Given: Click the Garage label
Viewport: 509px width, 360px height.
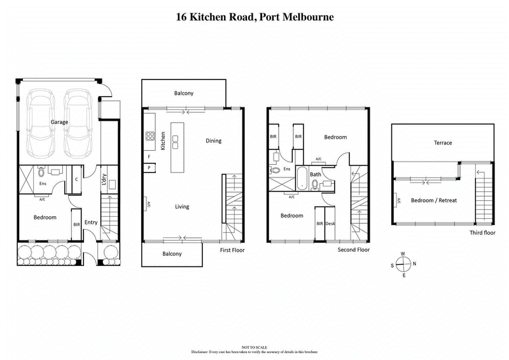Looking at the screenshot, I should tap(60, 122).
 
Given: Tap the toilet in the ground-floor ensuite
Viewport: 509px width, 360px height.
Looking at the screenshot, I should tap(41, 172).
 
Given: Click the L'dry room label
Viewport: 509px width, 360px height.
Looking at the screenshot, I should tap(103, 181).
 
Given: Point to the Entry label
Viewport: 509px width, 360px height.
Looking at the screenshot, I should tap(91, 222).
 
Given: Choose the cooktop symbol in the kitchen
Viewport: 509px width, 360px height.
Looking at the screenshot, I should tap(151, 135).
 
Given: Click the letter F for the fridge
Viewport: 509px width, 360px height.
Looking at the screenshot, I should tap(149, 156).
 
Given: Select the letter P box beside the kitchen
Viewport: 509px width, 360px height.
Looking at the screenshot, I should tap(149, 167).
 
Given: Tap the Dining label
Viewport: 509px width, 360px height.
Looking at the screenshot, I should tap(213, 141).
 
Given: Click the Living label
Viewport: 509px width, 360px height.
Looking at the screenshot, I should tap(182, 206).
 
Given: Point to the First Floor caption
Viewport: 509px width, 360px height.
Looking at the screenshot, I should tap(232, 250).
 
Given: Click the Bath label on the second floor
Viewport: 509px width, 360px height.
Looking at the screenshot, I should tap(316, 174).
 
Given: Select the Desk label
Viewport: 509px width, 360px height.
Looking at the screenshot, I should tap(330, 224).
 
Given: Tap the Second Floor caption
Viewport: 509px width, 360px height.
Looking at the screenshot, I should tap(354, 250).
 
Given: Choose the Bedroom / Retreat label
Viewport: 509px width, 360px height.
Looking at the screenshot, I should tap(434, 200).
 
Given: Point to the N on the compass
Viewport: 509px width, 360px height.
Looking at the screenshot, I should tap(415, 264).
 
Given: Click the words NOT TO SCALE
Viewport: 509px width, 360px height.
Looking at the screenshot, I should tap(254, 347).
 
